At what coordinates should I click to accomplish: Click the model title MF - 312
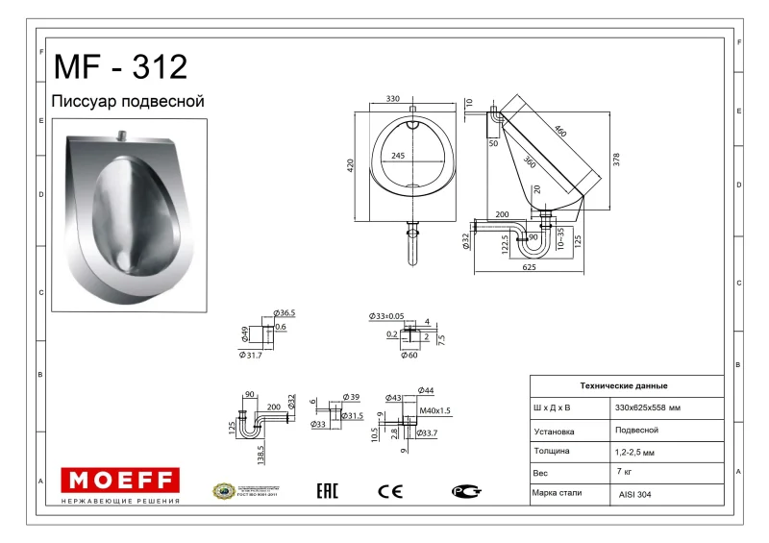pos(120,67)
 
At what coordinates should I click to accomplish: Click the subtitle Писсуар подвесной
pos(127,101)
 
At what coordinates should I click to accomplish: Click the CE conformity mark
pos(390,491)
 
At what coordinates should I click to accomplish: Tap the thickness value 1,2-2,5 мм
pos(635,452)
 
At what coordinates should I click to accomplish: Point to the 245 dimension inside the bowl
pos(397,156)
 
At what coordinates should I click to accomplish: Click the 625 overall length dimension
pos(529,267)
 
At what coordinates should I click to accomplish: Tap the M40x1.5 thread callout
pos(435,410)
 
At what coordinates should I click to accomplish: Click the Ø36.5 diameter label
pos(285,313)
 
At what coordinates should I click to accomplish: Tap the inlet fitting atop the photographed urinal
pos(121,136)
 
